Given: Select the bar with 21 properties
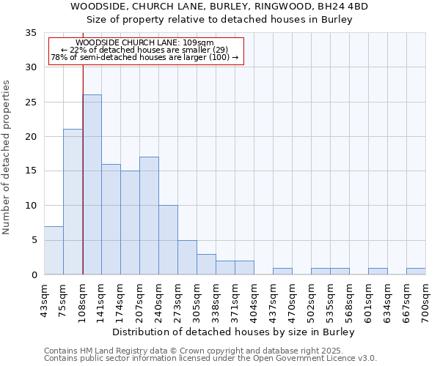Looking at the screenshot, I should (73, 201).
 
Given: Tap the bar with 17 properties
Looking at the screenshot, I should (149, 215).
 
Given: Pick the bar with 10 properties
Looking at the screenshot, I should (168, 239).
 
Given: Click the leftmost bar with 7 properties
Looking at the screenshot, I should (54, 250).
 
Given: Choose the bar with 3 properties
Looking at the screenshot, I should (206, 264).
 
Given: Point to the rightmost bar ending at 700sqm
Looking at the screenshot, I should (416, 271).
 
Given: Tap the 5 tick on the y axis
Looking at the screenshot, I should (34, 240).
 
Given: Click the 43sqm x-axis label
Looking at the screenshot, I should (44, 300).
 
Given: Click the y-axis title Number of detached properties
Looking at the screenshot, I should (7, 157).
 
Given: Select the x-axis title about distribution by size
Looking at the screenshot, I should (235, 332).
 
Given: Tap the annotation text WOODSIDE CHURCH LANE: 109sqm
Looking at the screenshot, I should (144, 43).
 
